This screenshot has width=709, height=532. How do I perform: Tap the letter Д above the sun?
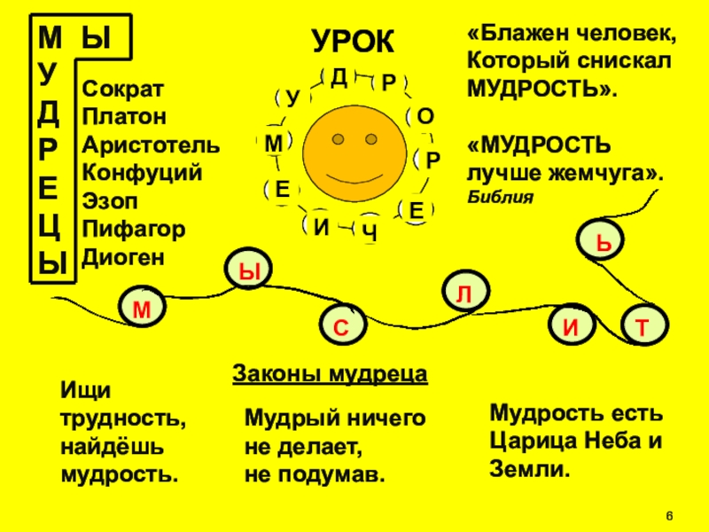coord(339,77)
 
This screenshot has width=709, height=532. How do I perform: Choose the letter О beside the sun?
coord(425,116)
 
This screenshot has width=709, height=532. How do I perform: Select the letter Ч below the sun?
coord(370,232)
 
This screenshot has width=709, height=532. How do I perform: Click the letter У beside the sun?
coord(292,98)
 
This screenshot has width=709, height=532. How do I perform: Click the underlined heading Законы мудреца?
coord(330,373)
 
